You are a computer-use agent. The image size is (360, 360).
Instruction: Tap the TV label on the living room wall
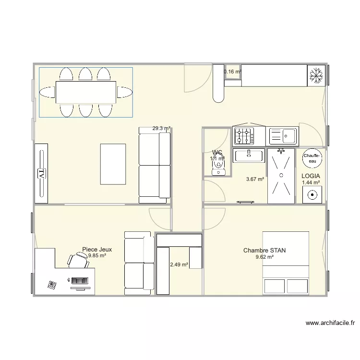(41, 173)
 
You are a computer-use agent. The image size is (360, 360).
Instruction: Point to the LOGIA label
(311, 176)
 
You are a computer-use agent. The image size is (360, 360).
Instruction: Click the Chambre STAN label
(264, 251)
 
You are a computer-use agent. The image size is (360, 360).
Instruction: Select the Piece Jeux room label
(97, 250)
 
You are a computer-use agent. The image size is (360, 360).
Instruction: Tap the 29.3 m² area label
(161, 129)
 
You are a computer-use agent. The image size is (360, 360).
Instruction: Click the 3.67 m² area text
(255, 180)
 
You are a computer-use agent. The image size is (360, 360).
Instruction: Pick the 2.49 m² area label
(179, 264)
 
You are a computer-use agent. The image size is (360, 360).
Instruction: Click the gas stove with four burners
(244, 137)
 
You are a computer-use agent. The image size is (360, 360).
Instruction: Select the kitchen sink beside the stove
(283, 136)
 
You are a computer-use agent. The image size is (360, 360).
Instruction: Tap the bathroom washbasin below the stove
(249, 155)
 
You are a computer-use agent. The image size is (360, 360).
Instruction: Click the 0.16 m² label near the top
(232, 72)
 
